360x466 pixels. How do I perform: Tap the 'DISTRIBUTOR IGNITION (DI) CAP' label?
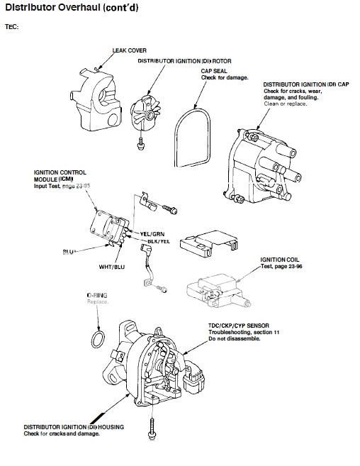coord(305,84)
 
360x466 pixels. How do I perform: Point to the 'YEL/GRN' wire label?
coord(153,233)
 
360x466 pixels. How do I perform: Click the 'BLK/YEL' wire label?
coord(158,242)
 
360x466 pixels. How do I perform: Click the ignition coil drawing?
coord(216,292)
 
